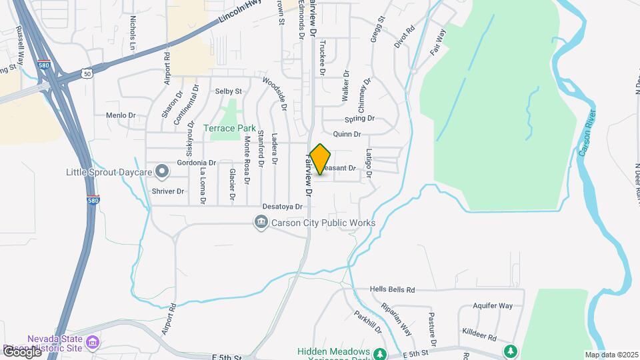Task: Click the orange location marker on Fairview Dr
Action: [x=321, y=159]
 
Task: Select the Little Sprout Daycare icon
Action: [x=161, y=172]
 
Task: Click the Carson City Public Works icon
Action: [x=261, y=222]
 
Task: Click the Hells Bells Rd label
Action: [x=393, y=290]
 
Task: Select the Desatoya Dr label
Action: [x=283, y=207]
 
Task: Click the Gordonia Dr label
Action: [x=196, y=163]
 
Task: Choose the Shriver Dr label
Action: [x=167, y=191]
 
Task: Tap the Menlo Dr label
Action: [x=121, y=115]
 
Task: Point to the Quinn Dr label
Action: [x=347, y=134]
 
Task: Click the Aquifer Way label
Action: [x=492, y=305]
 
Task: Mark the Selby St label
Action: [x=228, y=91]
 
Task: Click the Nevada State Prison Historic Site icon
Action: [x=93, y=343]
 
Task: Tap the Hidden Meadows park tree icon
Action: [x=380, y=353]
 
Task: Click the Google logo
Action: [x=21, y=351]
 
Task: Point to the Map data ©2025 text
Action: [x=611, y=355]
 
